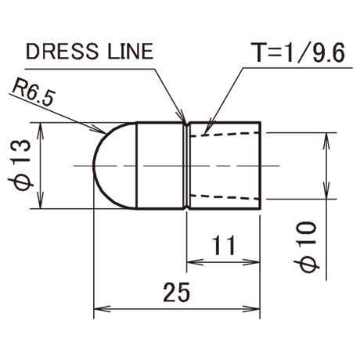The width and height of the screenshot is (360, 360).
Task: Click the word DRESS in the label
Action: click(x=63, y=51)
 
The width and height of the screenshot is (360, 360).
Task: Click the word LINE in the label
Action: click(x=130, y=51)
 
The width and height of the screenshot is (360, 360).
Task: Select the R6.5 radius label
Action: click(x=34, y=92)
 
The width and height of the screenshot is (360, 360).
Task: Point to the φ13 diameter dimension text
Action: click(x=21, y=166)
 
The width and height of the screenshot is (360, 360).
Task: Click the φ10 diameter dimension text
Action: click(x=307, y=247)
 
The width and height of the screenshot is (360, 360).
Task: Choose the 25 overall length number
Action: click(x=176, y=292)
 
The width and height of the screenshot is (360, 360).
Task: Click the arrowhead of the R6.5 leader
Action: click(x=100, y=130)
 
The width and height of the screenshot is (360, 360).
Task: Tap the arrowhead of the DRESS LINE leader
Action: click(x=182, y=117)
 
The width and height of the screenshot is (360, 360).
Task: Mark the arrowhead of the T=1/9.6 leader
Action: click(x=208, y=128)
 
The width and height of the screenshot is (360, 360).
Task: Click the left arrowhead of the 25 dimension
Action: click(x=102, y=309)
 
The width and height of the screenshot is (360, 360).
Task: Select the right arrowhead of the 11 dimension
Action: click(x=251, y=262)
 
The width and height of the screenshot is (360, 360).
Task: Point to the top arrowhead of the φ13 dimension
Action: click(x=40, y=131)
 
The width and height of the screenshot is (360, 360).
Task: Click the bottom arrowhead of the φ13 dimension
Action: click(x=40, y=200)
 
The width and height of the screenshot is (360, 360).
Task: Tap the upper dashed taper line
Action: click(x=225, y=134)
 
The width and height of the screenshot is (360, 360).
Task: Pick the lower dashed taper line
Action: click(x=225, y=197)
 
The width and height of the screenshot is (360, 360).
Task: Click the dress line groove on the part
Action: click(x=186, y=166)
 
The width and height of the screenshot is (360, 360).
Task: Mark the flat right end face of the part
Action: click(x=260, y=166)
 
